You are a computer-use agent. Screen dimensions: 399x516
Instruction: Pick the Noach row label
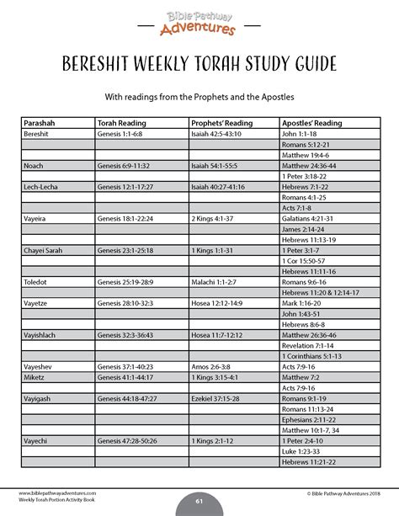click(x=34, y=165)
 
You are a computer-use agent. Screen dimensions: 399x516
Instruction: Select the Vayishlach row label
click(x=41, y=334)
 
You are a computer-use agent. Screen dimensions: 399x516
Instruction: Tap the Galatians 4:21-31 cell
click(x=308, y=217)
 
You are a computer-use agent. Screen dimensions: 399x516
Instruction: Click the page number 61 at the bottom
click(x=199, y=502)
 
